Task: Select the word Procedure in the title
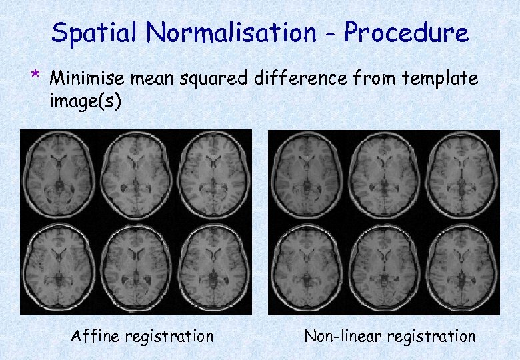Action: [406, 32]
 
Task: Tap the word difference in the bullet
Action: [302, 79]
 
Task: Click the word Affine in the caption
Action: [95, 336]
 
